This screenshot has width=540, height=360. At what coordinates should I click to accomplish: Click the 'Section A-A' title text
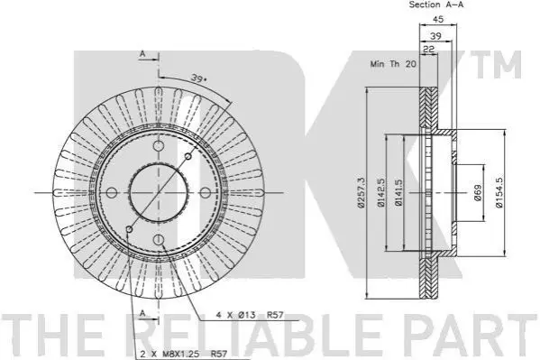point(436,5)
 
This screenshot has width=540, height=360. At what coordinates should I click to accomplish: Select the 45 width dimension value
point(438,19)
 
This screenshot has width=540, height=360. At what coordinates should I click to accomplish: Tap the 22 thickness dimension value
point(428,50)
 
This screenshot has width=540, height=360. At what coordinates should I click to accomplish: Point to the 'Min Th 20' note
point(393,64)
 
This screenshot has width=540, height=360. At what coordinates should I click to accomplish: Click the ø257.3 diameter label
point(361,192)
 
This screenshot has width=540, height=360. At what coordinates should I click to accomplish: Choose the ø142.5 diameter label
point(381,192)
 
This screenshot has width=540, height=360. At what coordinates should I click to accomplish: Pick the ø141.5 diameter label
point(398,192)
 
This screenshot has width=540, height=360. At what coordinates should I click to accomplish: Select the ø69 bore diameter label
point(478,192)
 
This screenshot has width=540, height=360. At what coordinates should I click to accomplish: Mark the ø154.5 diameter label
point(499,192)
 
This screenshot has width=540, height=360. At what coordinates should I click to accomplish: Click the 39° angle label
point(199,78)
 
